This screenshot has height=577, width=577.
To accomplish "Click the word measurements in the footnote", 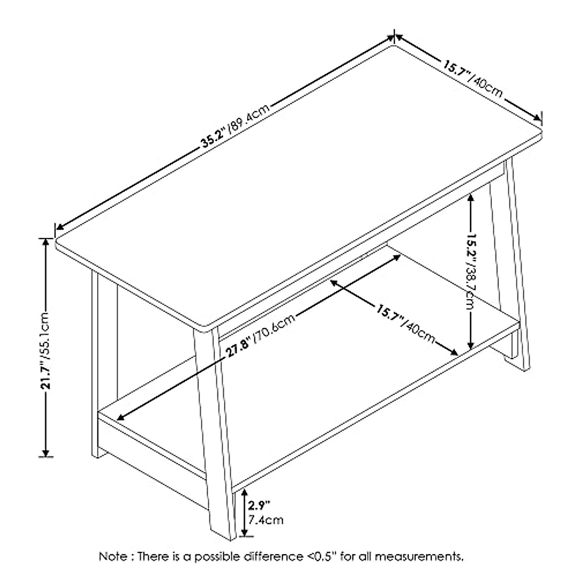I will [x=419, y=557].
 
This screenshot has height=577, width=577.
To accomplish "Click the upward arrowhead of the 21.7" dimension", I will [x=46, y=242].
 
